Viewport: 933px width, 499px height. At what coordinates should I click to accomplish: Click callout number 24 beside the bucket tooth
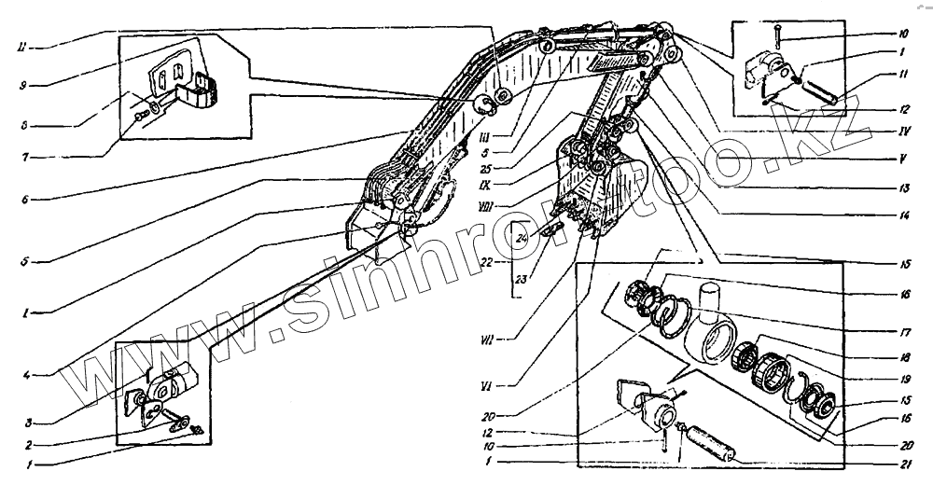coord(522,240)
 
